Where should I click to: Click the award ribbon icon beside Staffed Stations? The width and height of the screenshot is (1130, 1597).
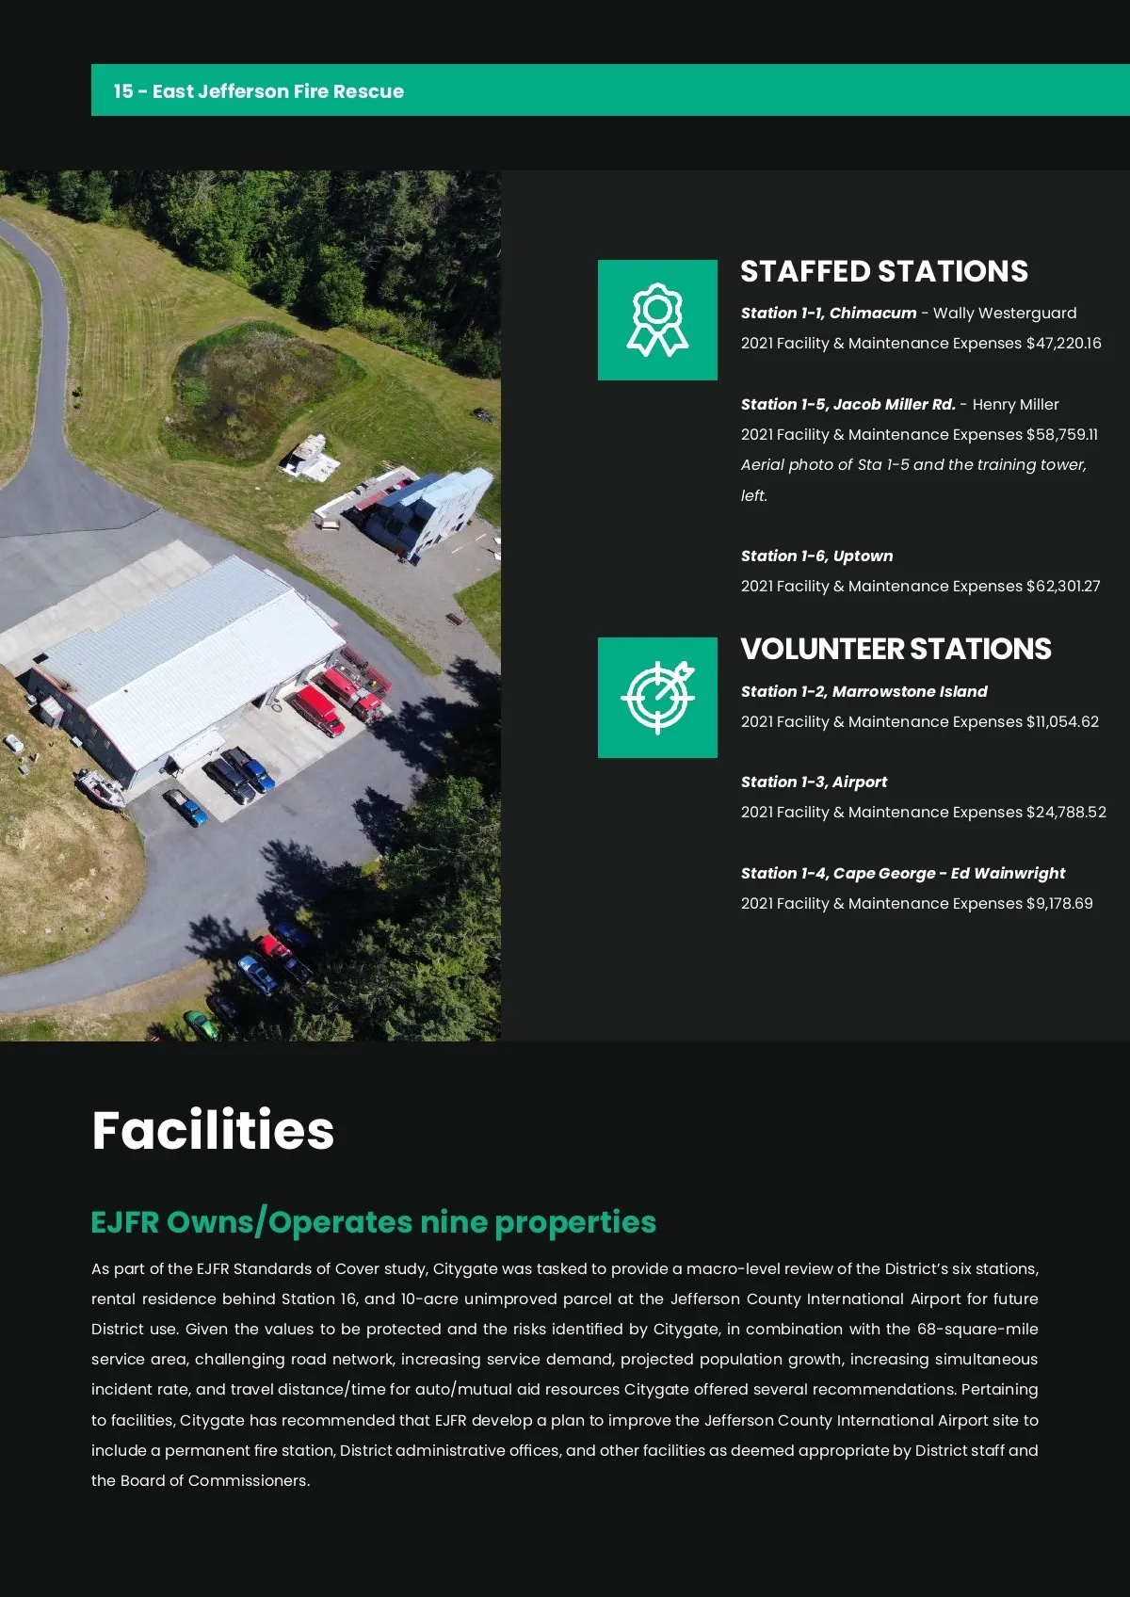tap(657, 320)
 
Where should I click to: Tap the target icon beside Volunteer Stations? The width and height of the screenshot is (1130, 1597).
tap(657, 698)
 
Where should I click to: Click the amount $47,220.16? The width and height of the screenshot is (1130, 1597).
tap(1063, 344)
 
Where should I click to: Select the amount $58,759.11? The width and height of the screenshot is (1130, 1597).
tap(1061, 435)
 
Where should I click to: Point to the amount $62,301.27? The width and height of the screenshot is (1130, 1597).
tap(1062, 587)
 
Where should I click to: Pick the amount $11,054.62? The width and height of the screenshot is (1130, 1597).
tap(1062, 722)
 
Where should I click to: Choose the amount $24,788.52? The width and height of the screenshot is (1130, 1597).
tap(1066, 813)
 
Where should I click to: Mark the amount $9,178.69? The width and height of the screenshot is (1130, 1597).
tap(1059, 904)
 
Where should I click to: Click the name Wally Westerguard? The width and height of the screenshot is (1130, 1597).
tap(1004, 314)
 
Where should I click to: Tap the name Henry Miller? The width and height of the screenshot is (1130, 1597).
tap(1015, 405)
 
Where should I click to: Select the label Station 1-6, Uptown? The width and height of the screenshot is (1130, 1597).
tap(816, 557)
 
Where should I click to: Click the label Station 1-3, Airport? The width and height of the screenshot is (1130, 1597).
tap(814, 782)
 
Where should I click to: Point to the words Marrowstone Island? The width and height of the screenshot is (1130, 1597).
tap(910, 692)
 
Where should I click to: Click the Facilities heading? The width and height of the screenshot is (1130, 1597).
tap(213, 1130)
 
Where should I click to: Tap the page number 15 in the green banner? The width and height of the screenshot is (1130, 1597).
tap(123, 91)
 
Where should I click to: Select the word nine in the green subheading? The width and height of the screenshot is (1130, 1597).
tap(453, 1222)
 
